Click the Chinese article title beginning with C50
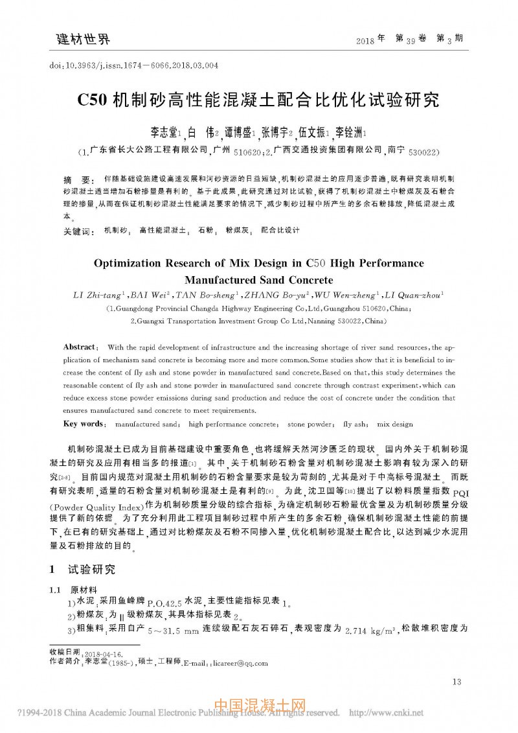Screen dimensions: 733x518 pos(258,100)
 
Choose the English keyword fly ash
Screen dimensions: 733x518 pos(355,425)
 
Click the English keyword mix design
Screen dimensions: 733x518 pos(395,425)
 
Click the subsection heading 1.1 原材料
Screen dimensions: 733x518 pos(73,590)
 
